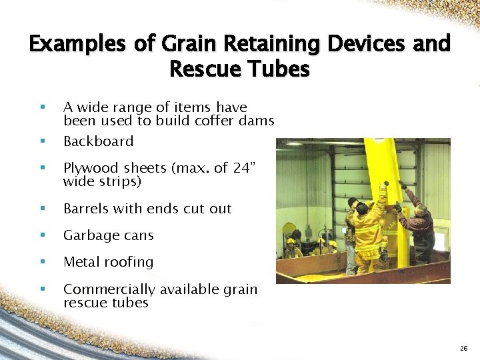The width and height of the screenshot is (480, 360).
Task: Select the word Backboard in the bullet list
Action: click(x=98, y=141)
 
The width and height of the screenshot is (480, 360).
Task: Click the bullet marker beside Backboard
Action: click(x=42, y=141)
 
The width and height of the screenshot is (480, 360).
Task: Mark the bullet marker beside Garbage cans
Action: click(x=42, y=235)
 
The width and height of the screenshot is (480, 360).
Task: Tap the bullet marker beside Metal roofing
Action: click(x=42, y=262)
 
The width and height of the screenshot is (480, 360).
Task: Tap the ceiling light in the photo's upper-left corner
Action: click(x=293, y=143)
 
